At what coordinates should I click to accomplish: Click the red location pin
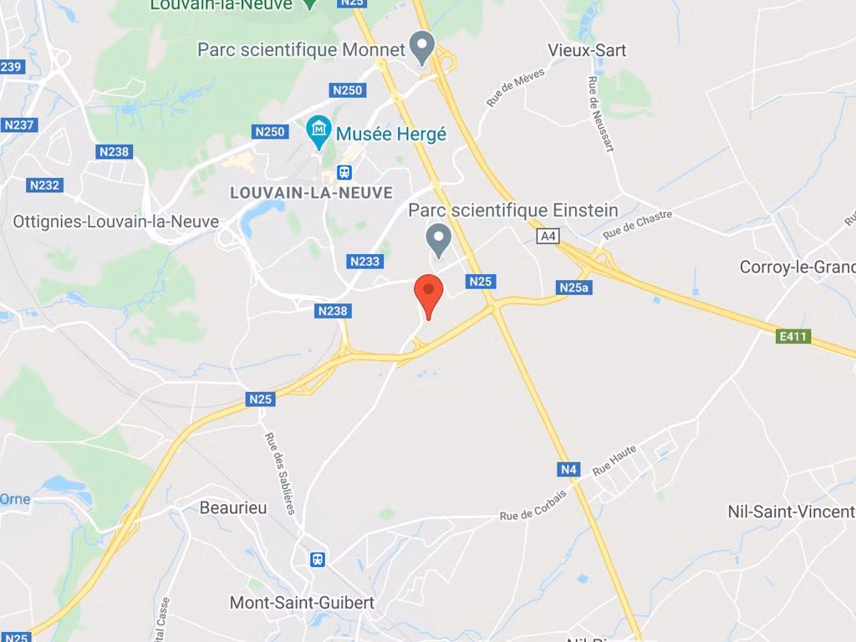click(429, 292)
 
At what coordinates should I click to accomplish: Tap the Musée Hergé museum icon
click(318, 130)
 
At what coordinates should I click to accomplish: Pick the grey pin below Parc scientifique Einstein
click(438, 239)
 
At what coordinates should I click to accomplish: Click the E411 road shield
click(793, 337)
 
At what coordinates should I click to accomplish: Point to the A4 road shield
click(548, 237)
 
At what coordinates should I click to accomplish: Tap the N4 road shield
click(569, 470)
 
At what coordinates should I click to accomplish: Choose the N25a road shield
click(574, 288)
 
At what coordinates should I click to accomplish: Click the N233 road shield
click(364, 262)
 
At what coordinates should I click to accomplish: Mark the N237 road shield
click(19, 125)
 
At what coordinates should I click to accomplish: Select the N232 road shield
click(44, 186)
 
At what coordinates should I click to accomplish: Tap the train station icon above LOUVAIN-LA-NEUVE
click(344, 172)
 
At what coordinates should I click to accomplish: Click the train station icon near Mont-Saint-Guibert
click(318, 559)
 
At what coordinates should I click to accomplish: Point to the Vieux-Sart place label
click(587, 50)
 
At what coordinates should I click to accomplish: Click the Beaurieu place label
click(233, 507)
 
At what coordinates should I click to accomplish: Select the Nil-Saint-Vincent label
click(791, 511)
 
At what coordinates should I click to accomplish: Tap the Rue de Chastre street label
click(638, 225)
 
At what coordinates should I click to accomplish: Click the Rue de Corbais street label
click(533, 505)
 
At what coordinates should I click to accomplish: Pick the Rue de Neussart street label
click(601, 115)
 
